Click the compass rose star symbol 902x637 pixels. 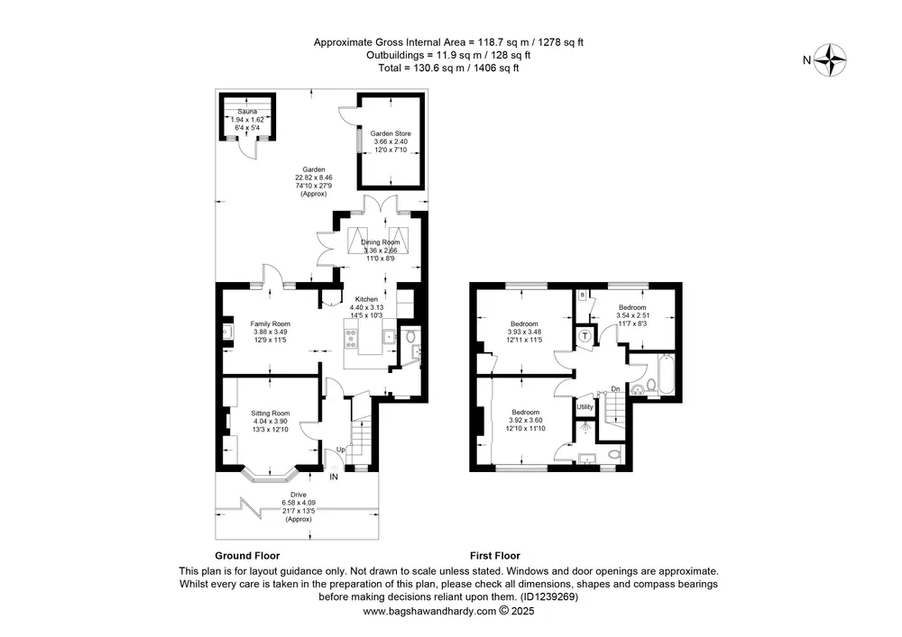831,59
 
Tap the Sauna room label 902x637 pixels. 247,112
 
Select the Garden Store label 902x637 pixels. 391,134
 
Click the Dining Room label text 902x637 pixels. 381,242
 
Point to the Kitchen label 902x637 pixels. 366,299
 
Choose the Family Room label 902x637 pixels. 271,324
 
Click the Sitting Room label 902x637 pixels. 271,413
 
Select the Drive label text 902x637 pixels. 299,495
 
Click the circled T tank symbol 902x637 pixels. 585,335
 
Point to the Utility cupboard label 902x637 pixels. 585,406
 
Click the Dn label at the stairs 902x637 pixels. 615,389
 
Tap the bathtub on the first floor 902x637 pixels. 667,375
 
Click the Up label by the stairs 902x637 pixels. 341,450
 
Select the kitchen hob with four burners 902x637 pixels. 351,338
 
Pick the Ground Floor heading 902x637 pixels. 247,555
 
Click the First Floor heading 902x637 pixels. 494,555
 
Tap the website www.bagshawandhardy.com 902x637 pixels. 429,611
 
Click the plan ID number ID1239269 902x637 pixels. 548,596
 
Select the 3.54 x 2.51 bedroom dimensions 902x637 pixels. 633,315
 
